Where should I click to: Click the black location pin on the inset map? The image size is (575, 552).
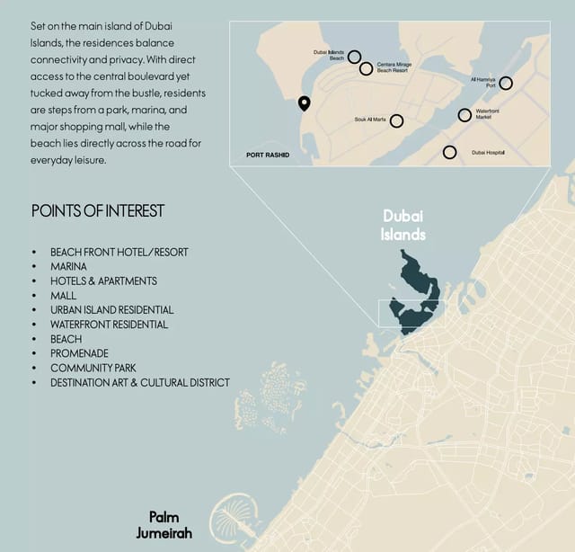coord(305,103)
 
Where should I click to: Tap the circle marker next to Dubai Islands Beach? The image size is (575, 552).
coord(355,58)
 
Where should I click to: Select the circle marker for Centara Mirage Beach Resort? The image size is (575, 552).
coord(367,68)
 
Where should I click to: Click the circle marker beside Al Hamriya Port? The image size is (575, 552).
coord(506,83)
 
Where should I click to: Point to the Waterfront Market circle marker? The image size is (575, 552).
coord(464,115)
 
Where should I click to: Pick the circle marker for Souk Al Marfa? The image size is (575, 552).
coord(396,120)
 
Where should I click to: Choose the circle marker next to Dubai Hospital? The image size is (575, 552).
coord(449,152)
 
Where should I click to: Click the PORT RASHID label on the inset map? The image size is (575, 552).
coord(268,155)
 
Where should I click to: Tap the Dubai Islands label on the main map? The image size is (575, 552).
coord(403,225)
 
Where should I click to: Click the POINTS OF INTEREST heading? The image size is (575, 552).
coord(98,211)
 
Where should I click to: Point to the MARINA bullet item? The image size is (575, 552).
coord(68,266)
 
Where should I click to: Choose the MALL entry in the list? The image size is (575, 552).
coord(64,295)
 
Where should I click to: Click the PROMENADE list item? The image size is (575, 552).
coord(80,353)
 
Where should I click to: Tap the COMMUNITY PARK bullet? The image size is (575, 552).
coord(93,368)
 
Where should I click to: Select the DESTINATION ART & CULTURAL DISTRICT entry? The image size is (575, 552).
coord(139,382)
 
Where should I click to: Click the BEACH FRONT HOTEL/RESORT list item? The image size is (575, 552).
coord(119,252)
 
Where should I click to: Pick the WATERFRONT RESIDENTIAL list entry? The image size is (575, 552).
coord(109,325)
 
